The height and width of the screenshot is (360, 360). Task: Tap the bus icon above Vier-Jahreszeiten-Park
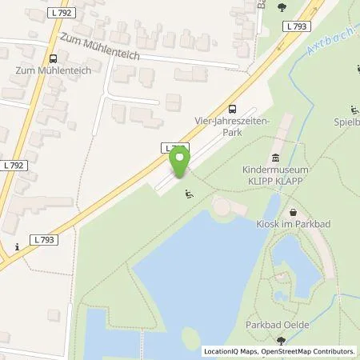pyautogui.click(x=232, y=110)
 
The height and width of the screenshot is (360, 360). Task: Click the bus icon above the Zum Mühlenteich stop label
pyautogui.click(x=53, y=58)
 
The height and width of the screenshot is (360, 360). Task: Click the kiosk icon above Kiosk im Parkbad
pyautogui.click(x=293, y=213)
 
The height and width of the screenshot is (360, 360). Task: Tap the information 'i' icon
pyautogui.click(x=17, y=246)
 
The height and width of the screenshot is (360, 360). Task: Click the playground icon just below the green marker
pyautogui.click(x=189, y=193)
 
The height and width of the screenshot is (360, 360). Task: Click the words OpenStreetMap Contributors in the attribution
pyautogui.click(x=313, y=351)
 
